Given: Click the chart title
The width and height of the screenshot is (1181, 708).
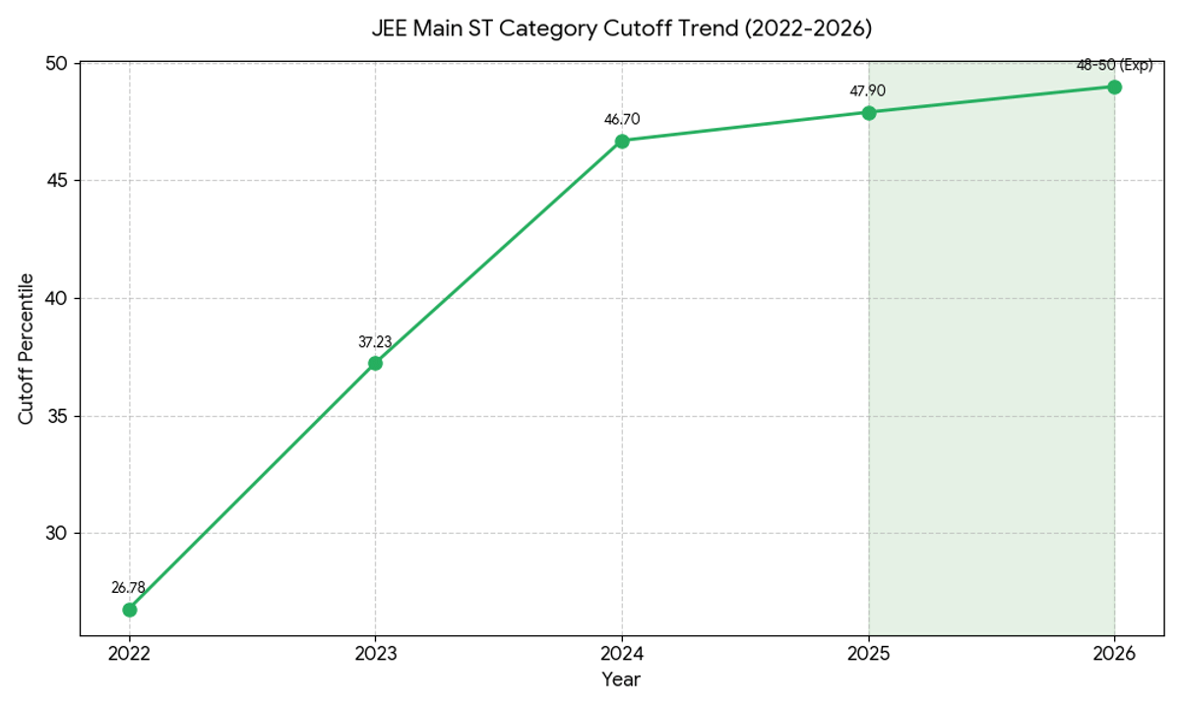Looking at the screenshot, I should pos(621,29).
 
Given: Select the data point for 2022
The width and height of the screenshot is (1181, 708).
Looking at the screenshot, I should pos(129,610).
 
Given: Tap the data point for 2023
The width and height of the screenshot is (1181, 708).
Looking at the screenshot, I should pos(375,363).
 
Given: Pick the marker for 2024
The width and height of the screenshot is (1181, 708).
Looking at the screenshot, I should pos(622,141).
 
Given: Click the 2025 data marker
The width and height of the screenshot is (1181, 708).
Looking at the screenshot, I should pos(869,112).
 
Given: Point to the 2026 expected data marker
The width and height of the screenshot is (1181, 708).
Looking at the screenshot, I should pos(1114,87).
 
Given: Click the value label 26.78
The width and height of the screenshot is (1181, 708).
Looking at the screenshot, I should pos(128,587).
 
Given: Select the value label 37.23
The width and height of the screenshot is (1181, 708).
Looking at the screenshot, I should pos(375,342).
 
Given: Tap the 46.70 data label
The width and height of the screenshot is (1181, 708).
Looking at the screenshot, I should pos(622,119).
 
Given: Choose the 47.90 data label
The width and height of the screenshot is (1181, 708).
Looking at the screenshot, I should pos(868,90).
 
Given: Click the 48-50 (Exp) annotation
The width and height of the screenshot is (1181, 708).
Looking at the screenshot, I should pos(1114,65).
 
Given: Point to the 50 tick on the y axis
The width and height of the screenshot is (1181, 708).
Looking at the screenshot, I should pos(56,64).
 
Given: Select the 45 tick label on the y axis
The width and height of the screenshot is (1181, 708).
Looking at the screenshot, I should pos(56,181).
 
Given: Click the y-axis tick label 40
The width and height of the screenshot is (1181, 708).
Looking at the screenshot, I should pos(56,299).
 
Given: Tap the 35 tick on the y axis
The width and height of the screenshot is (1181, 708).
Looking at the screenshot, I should pos(56,416).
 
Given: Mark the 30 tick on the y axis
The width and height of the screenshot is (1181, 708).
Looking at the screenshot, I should pos(56,534).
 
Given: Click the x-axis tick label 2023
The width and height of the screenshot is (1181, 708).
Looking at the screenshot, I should pos(375,652).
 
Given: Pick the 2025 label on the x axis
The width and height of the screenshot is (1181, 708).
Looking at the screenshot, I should pos(868,652).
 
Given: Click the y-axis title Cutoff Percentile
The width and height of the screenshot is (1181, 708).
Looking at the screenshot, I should pos(27,349).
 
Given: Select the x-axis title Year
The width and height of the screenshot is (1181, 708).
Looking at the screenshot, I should pos(621,679).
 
